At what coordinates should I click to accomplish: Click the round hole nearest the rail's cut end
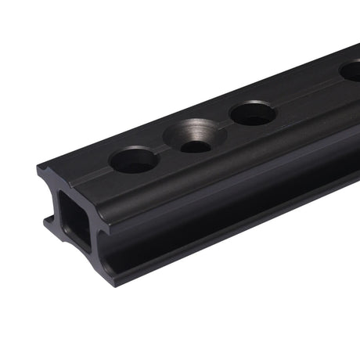(134, 160)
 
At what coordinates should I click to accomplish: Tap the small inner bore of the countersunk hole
(195, 146)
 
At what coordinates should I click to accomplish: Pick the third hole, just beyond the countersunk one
(253, 114)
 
